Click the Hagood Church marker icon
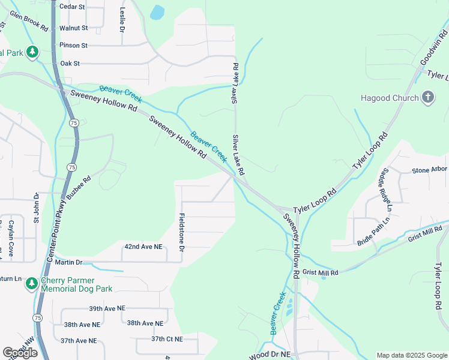[x=428, y=98]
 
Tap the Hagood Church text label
[x=390, y=98]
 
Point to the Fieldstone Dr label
[x=182, y=232]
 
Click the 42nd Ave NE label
[x=143, y=247]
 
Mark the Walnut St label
[x=74, y=28]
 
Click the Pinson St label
[x=74, y=45]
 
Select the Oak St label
[x=70, y=63]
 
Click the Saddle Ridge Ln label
[x=385, y=191]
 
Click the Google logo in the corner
[x=20, y=353]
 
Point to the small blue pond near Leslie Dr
[x=157, y=12]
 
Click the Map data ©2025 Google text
[x=412, y=355]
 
